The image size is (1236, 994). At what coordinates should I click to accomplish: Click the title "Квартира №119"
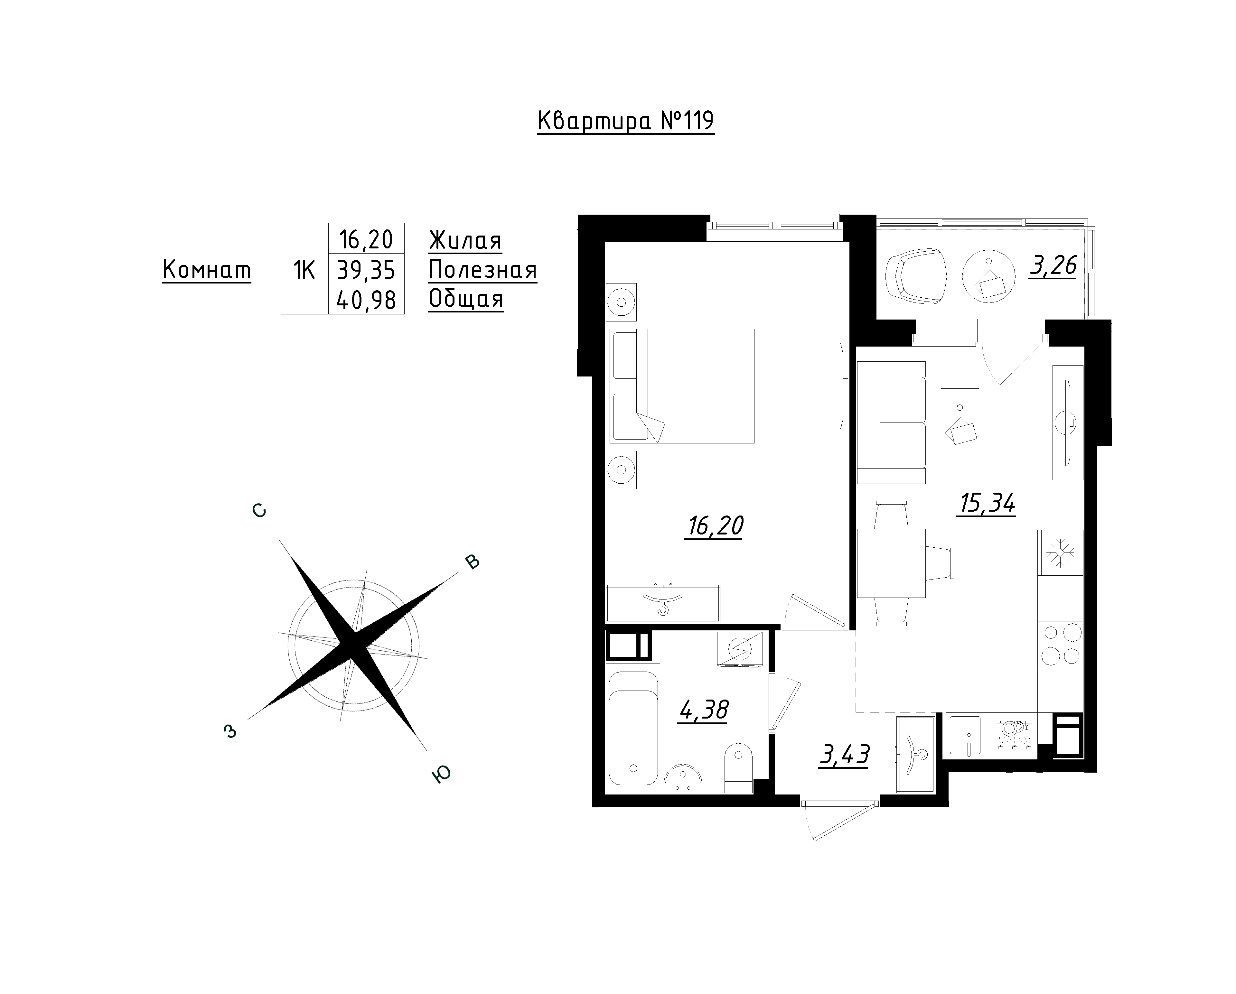(625, 122)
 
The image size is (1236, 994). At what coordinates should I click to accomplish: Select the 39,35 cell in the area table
(366, 269)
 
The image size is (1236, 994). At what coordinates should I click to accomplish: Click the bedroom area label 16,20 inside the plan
(714, 526)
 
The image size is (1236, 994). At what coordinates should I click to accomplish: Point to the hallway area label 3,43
(845, 755)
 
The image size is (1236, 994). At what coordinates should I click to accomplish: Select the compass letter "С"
(259, 510)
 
